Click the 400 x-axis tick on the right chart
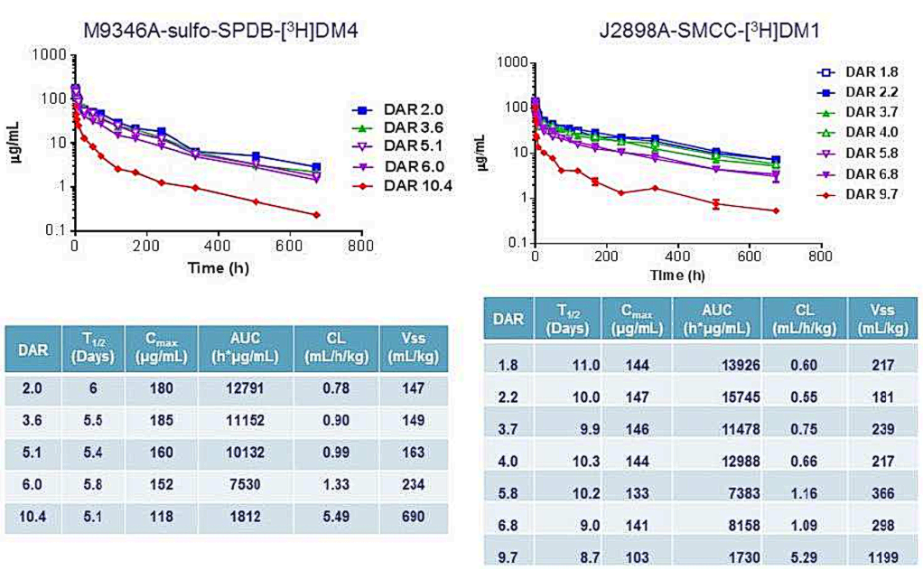click(x=678, y=256)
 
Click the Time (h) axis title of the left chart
click(x=219, y=268)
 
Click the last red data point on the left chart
click(x=316, y=215)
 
